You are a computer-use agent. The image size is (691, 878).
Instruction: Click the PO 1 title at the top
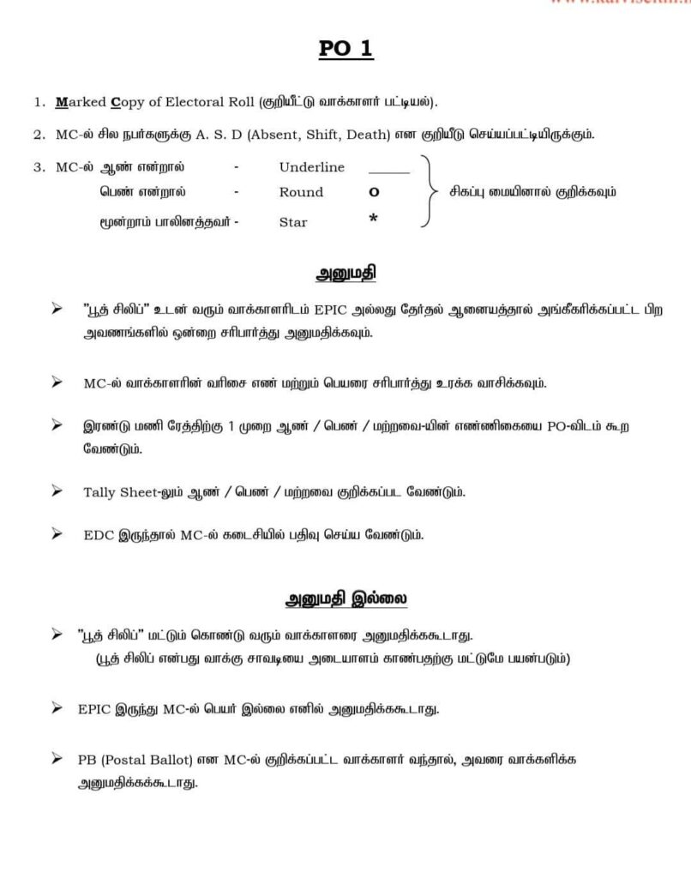[345, 50]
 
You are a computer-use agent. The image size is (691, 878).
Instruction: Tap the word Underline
[311, 166]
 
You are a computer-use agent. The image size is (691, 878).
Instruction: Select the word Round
[301, 192]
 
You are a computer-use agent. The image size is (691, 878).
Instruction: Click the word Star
[293, 222]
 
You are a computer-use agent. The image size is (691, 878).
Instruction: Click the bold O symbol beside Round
[373, 193]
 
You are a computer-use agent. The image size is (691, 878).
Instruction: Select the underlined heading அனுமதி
[345, 274]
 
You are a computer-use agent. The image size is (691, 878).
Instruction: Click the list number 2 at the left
[38, 135]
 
